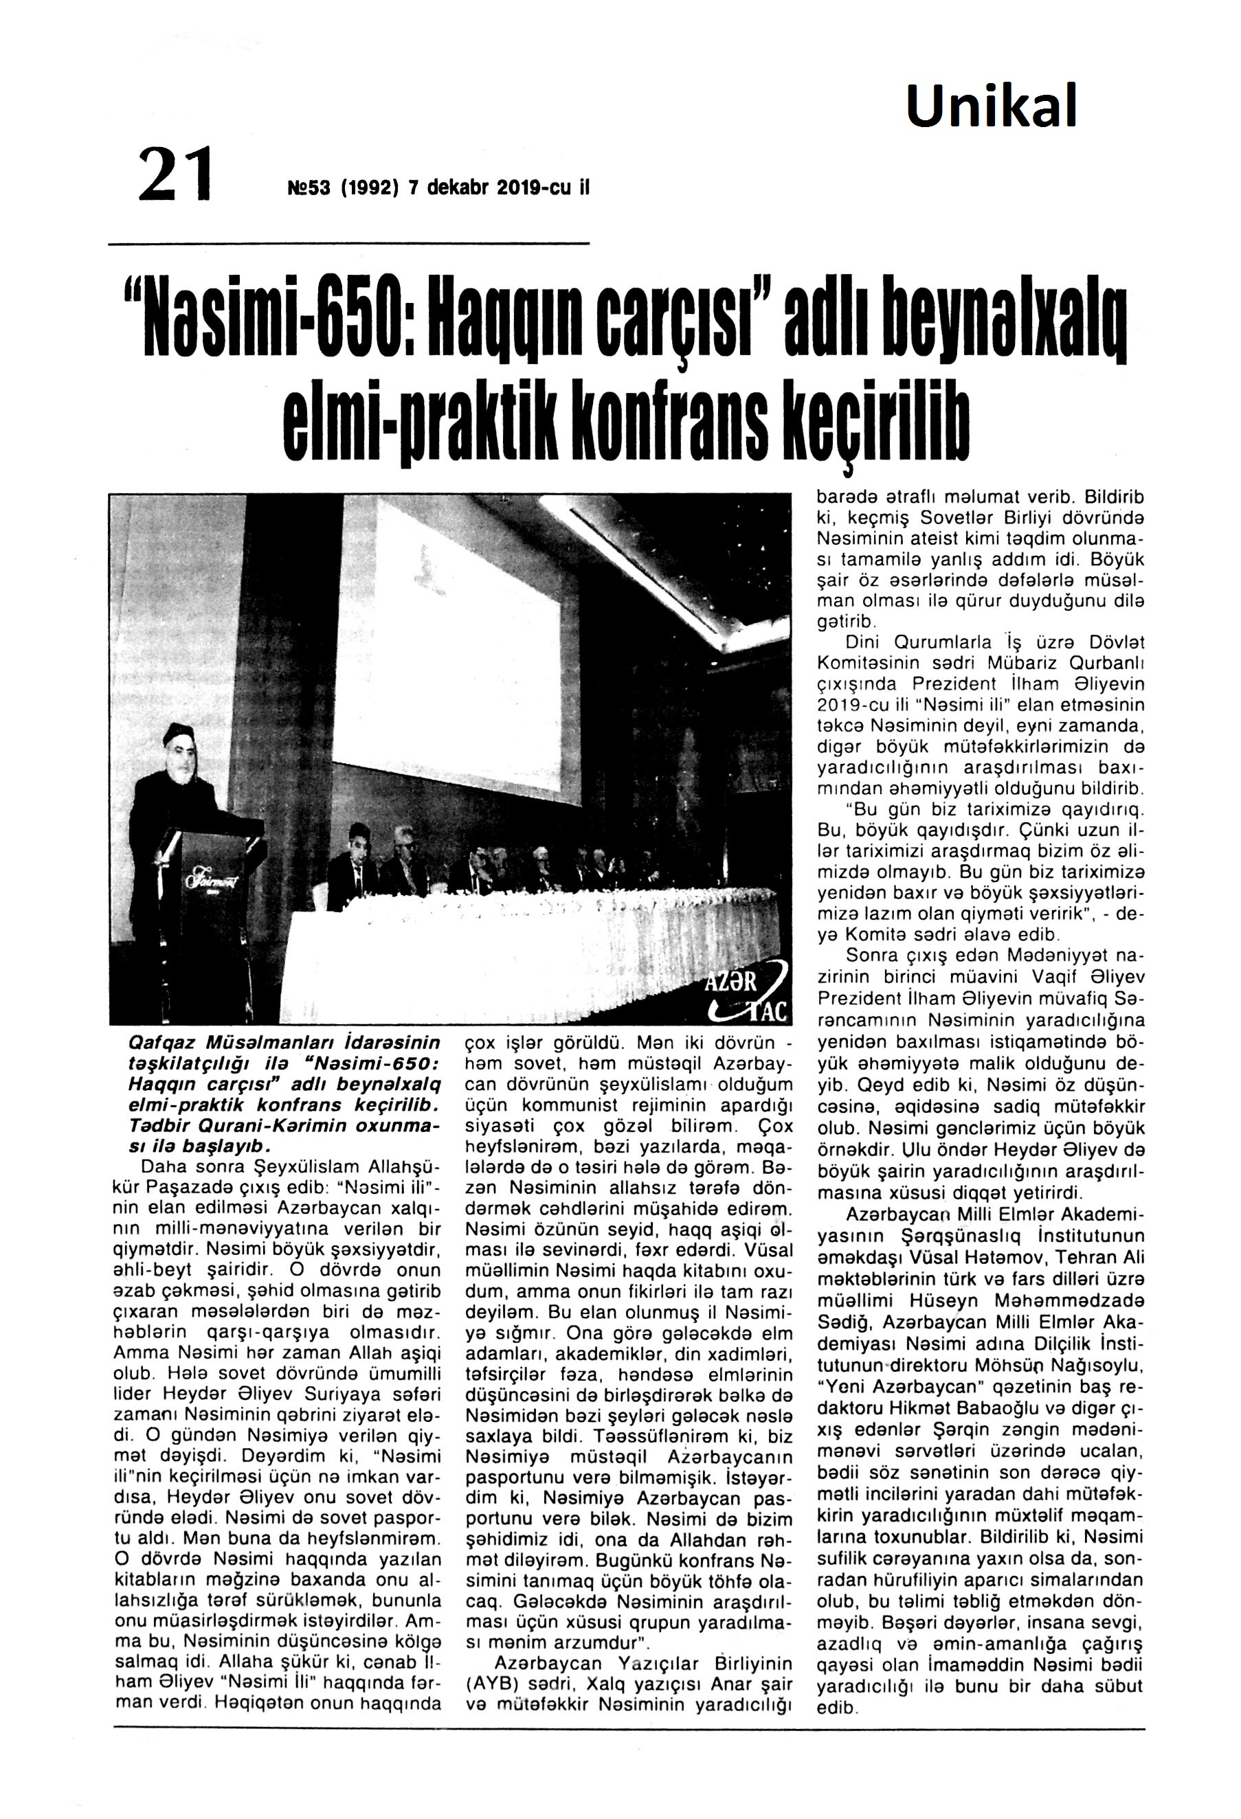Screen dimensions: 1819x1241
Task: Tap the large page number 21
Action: [175, 174]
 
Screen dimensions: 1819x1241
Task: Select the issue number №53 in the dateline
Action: [310, 189]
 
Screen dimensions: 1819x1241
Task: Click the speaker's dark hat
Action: [179, 734]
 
